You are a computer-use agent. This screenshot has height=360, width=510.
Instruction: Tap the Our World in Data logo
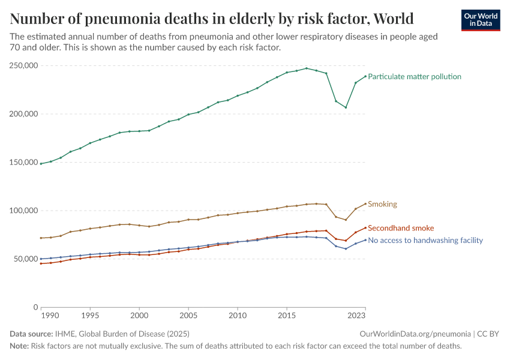tap(480, 20)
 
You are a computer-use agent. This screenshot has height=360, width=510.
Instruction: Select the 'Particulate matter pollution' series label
tap(414, 77)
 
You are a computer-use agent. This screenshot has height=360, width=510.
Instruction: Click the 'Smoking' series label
tap(382, 204)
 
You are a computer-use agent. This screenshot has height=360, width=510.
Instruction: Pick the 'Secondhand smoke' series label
tap(400, 228)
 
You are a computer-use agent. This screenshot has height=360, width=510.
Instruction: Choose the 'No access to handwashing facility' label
tap(425, 240)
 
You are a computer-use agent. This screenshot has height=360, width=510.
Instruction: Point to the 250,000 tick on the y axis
tap(22, 65)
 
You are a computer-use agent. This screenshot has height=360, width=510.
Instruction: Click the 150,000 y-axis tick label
tap(22, 162)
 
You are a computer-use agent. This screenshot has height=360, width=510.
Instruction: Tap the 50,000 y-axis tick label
tap(24, 259)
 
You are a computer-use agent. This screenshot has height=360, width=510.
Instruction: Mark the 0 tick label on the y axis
tap(36, 307)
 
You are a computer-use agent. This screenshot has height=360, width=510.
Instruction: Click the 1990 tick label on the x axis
tap(50, 315)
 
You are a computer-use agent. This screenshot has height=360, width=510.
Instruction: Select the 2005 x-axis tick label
tap(188, 315)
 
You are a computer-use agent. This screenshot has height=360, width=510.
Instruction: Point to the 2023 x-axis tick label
tap(356, 315)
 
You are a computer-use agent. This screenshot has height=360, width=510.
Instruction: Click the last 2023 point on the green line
tap(365, 76)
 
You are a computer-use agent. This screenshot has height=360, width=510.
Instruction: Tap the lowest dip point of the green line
tap(346, 107)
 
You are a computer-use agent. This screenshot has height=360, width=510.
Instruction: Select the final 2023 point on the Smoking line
tap(365, 203)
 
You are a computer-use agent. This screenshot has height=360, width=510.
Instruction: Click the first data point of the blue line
tap(41, 259)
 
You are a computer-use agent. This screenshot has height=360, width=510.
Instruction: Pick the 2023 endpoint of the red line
tap(365, 227)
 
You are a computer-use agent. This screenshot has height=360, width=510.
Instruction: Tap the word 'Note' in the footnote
tap(19, 346)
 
